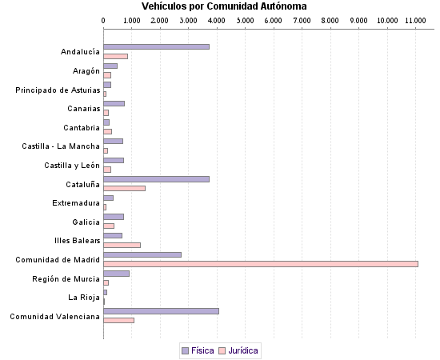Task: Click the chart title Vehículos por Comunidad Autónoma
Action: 218,6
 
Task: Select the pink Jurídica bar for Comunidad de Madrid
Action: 261,263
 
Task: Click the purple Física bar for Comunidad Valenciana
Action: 161,311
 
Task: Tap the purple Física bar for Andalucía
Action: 156,46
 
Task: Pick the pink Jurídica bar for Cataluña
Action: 124,188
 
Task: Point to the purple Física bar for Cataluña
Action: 156,179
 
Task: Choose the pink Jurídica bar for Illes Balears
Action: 122,245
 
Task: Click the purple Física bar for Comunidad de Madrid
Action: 142,254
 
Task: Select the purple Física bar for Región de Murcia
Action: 116,274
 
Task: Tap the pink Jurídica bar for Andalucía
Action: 115,56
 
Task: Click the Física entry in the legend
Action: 197,350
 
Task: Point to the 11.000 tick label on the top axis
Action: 415,19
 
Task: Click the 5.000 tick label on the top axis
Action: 245,19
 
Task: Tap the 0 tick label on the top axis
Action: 104,19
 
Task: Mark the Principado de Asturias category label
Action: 58,90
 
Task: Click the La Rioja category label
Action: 84,298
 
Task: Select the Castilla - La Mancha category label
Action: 61,146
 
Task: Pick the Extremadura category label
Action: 76,202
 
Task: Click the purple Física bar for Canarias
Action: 114,103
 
